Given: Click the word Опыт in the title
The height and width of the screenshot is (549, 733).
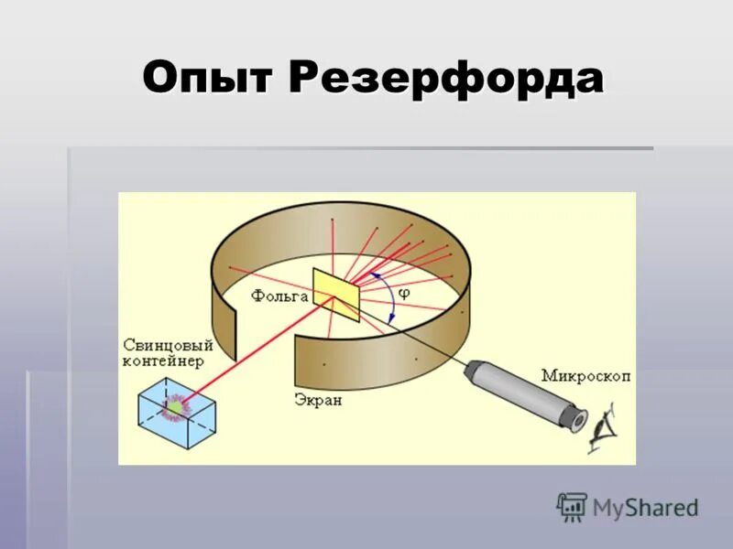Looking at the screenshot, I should (x=210, y=79).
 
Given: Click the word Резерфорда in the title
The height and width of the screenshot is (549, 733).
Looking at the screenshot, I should (x=446, y=79).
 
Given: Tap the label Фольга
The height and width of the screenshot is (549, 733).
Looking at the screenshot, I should (x=279, y=296).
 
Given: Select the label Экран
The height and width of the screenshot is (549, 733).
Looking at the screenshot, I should (x=318, y=400).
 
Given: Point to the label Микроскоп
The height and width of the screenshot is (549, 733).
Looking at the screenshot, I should (x=585, y=375).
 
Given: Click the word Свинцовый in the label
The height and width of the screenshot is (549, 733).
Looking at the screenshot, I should (x=168, y=346).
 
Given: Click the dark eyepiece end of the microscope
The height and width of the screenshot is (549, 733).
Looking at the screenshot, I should (x=576, y=419).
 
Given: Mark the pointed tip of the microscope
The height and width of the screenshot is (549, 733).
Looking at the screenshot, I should (x=469, y=368).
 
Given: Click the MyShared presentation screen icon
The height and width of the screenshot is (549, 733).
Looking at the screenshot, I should (x=572, y=507).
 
